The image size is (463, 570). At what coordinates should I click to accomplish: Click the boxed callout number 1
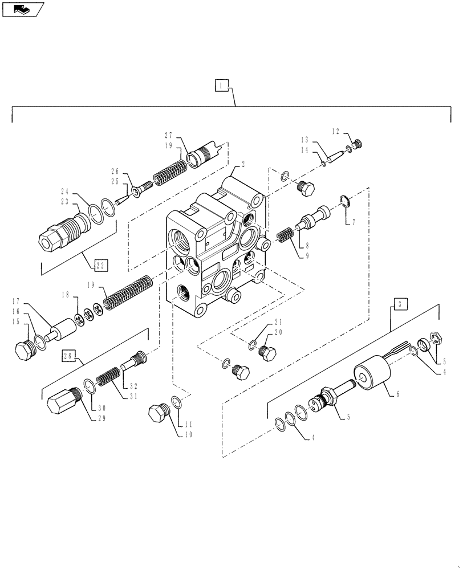pos(222,85)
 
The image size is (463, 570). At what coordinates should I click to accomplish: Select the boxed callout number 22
pos(100,264)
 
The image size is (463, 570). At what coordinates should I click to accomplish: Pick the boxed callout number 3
pos(401,304)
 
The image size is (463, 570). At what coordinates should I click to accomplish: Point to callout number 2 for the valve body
pos(243,163)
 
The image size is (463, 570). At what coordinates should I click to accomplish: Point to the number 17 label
pos(17,301)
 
